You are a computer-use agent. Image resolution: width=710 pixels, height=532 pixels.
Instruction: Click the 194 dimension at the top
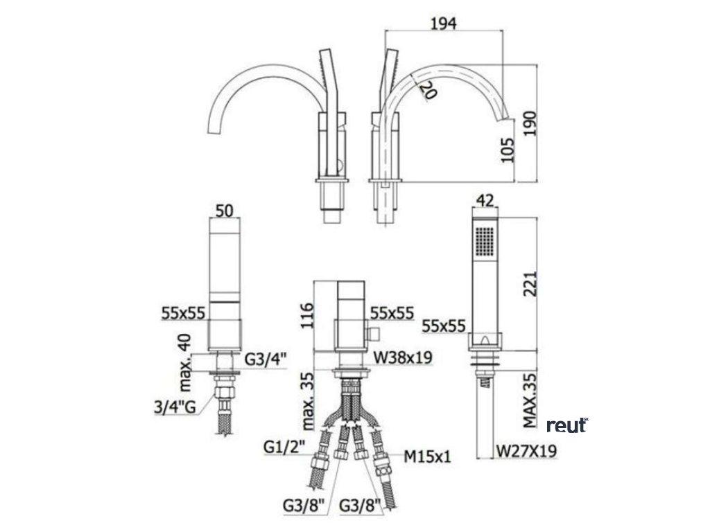[x=443, y=23]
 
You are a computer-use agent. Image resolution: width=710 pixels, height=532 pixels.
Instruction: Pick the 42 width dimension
[x=485, y=202]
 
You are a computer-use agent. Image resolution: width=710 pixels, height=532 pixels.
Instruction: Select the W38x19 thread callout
[x=404, y=357]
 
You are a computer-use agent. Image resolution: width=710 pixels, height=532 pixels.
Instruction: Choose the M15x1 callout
[x=428, y=456]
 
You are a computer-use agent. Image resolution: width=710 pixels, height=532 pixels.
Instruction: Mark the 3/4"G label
[x=180, y=406]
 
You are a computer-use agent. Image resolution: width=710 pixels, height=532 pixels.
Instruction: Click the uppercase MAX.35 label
[x=530, y=401]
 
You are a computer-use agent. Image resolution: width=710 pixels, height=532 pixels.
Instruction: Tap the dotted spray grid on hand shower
[x=485, y=242]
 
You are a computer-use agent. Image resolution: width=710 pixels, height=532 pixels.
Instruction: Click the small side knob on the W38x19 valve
[x=374, y=335]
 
